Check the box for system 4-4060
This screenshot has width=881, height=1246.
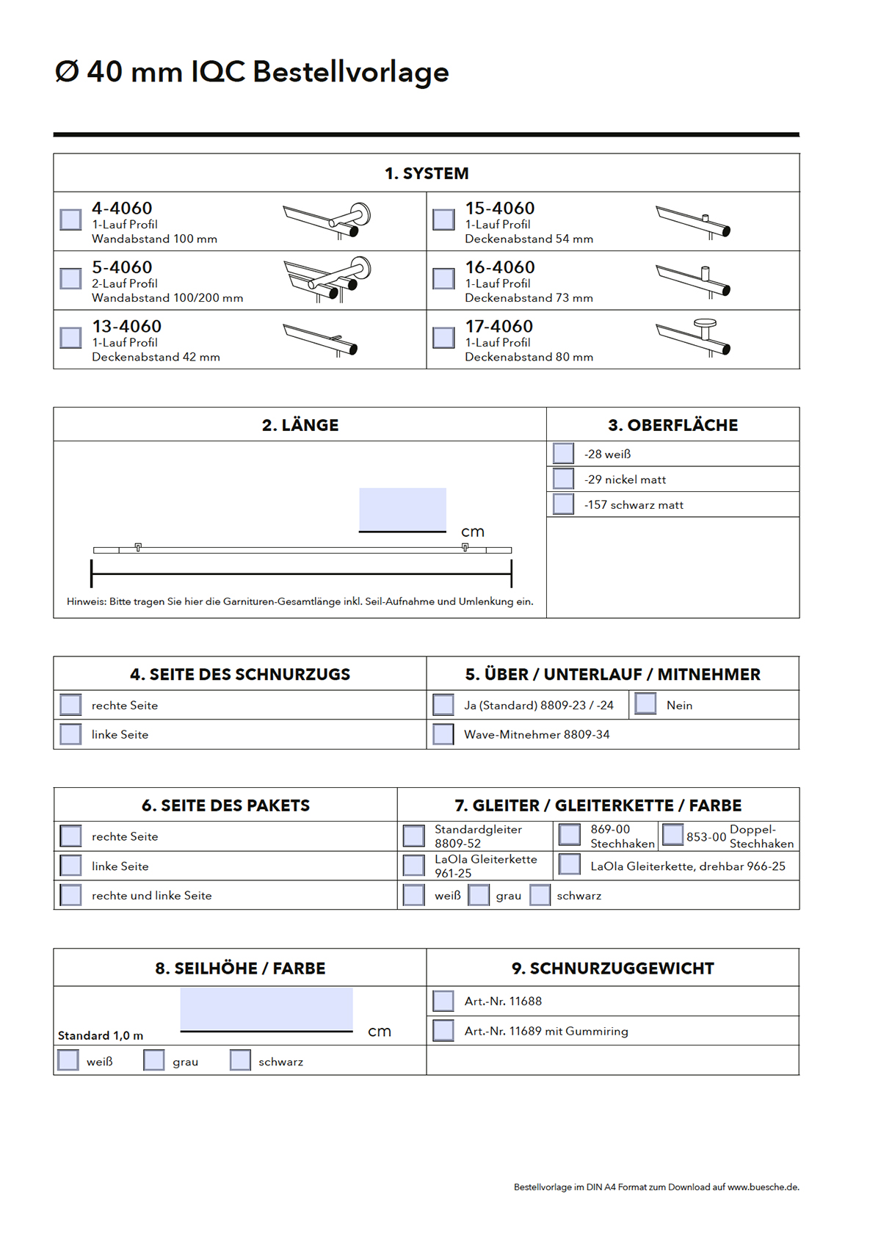[70, 220]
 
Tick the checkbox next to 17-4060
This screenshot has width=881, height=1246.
[443, 338]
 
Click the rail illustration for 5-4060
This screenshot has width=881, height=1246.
[327, 280]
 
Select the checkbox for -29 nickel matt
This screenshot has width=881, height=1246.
[563, 479]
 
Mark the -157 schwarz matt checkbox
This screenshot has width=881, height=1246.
[563, 504]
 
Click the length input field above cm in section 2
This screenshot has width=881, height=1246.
[402, 509]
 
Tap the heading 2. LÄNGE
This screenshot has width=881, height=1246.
[300, 425]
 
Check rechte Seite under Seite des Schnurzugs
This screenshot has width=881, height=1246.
[70, 705]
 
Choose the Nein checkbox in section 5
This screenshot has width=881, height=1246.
[645, 704]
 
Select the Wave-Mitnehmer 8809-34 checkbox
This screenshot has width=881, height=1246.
[443, 734]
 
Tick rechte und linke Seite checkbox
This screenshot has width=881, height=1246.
[70, 895]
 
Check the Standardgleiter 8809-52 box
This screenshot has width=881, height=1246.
[414, 836]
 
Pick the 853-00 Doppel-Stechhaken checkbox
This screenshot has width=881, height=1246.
[672, 835]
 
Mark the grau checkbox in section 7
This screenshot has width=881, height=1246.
[479, 895]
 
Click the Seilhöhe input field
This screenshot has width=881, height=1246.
[267, 1009]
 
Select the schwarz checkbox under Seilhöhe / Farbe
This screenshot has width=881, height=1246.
[240, 1060]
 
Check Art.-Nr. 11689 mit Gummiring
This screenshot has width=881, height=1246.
[443, 1030]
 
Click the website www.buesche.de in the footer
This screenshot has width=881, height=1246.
[763, 1187]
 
